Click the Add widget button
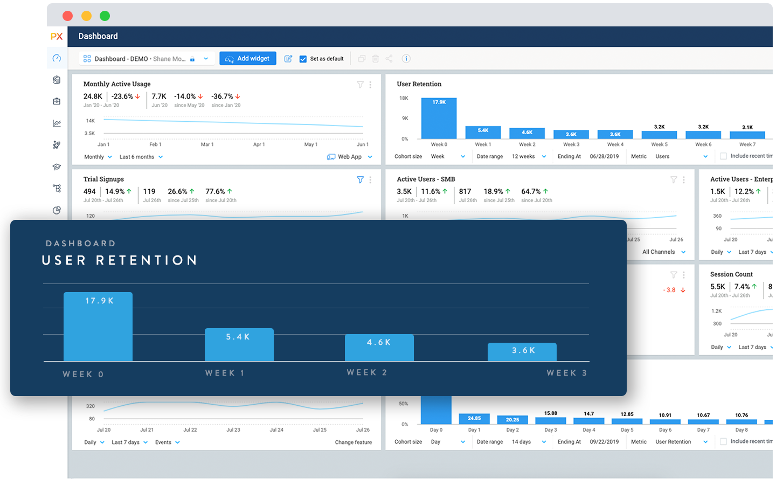click(x=247, y=58)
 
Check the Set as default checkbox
click(x=303, y=59)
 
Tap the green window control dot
click(x=105, y=16)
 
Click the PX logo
click(x=57, y=36)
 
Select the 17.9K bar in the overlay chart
click(x=98, y=327)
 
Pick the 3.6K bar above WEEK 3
click(x=522, y=352)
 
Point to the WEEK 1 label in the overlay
click(x=225, y=373)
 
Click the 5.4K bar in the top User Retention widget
click(x=483, y=133)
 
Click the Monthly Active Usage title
click(x=117, y=84)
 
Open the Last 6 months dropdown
click(x=141, y=157)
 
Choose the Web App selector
click(x=350, y=157)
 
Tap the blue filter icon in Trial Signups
click(x=360, y=179)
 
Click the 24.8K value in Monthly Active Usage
click(x=93, y=96)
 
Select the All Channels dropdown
click(x=663, y=252)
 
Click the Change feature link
click(x=353, y=442)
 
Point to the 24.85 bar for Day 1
click(x=474, y=419)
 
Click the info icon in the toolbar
click(x=406, y=58)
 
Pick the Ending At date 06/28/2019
click(x=604, y=156)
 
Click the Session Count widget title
click(x=731, y=274)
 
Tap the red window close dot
click(x=67, y=16)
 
